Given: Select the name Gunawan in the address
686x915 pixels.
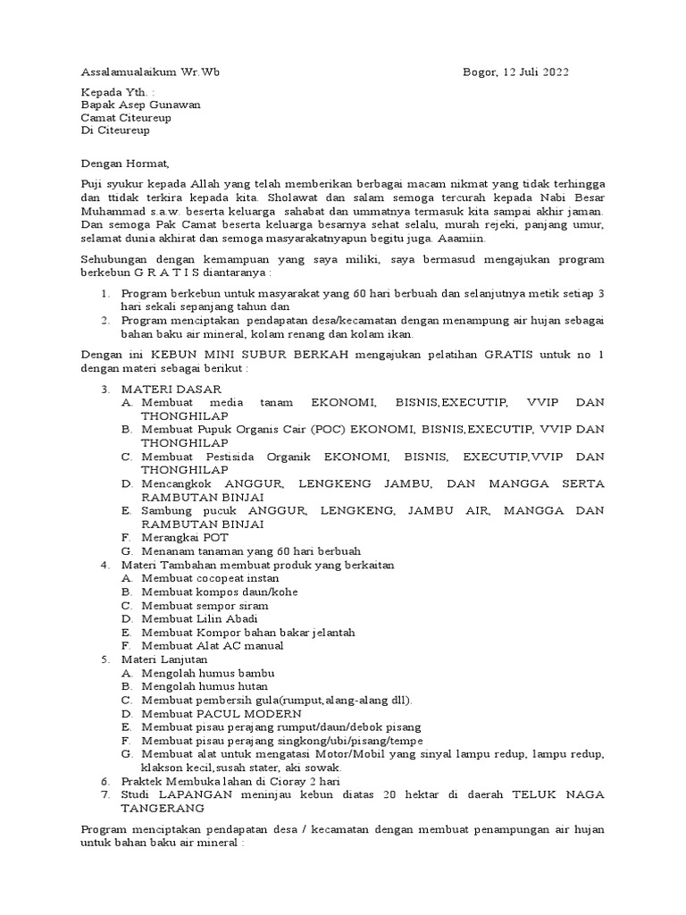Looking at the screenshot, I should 173,104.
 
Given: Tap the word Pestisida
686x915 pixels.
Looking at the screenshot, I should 221,457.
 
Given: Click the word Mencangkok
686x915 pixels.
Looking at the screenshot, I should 180,483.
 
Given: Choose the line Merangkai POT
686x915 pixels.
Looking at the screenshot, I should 185,537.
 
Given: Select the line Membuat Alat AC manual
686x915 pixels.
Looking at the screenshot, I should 213,645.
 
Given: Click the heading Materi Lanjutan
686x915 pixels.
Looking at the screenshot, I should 163,659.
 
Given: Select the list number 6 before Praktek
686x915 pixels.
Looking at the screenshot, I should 104,780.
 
